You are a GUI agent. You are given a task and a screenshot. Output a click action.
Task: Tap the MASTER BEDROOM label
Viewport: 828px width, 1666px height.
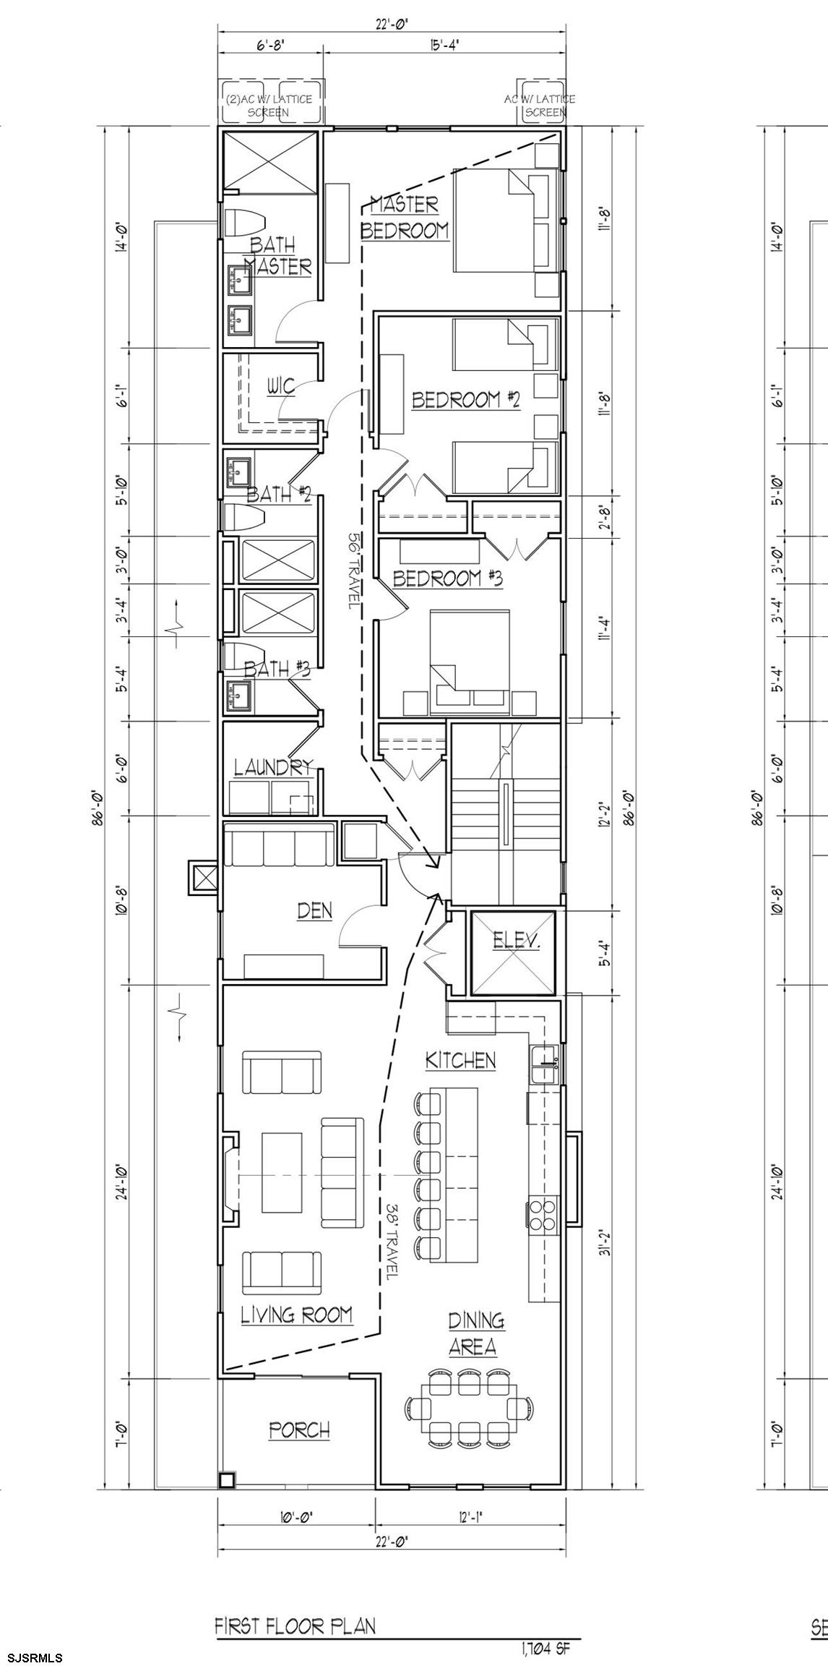405,218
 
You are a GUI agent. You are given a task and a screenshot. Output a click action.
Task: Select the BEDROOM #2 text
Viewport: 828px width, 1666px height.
466,400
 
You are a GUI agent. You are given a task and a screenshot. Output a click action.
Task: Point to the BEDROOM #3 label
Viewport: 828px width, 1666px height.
448,578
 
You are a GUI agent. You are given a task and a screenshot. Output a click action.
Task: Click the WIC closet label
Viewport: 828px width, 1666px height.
281,386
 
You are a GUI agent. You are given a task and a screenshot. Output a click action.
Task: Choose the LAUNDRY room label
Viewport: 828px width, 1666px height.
273,766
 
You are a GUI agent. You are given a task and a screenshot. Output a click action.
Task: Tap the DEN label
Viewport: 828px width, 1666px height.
315,911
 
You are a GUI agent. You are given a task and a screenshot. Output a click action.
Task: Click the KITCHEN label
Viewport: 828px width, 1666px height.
461,1061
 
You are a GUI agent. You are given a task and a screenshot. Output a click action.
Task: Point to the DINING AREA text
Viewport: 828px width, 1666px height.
474,1334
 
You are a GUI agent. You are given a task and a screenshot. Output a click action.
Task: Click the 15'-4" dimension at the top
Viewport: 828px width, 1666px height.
444,45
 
